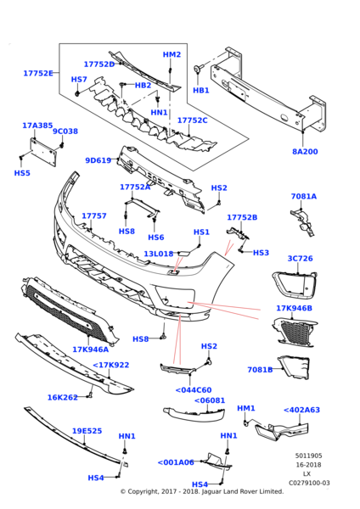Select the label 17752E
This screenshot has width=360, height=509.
[38, 74]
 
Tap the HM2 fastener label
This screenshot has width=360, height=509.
[172, 55]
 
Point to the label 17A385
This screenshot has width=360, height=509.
[37, 126]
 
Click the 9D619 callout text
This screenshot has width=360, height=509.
[98, 160]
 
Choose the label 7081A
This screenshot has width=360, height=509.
[303, 196]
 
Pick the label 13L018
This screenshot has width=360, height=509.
[158, 254]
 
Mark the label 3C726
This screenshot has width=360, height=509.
[300, 259]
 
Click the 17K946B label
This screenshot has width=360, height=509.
[294, 308]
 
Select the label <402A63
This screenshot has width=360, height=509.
[301, 410]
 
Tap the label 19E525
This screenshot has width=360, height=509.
[87, 431]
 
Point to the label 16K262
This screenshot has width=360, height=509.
[62, 397]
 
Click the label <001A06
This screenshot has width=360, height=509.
[176, 462]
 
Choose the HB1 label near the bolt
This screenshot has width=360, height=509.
[200, 91]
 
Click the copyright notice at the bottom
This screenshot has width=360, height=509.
[201, 491]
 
